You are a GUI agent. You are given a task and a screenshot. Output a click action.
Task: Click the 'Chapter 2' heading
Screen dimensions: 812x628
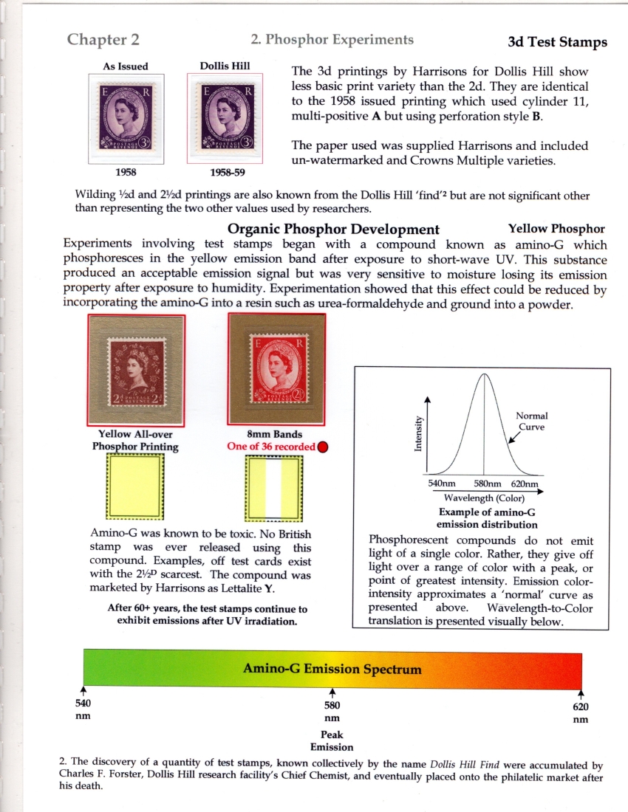coord(103,40)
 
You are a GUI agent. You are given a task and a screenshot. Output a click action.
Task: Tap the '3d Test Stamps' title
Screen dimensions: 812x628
coord(557,42)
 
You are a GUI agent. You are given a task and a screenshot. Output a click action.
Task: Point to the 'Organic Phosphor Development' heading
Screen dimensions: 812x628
coord(333,230)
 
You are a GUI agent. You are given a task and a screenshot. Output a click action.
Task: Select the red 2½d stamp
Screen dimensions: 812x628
coord(276,369)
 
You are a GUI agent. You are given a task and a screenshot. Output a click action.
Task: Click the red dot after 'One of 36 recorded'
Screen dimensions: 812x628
coord(322,447)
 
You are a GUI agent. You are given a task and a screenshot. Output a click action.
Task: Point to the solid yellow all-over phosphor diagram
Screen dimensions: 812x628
coord(135,484)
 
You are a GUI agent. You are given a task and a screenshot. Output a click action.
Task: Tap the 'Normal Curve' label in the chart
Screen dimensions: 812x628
coord(531,422)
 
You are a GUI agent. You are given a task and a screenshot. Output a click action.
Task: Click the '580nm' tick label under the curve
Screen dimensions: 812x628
coord(485,484)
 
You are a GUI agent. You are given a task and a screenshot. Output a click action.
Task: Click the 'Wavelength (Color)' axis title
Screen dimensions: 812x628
coord(484,497)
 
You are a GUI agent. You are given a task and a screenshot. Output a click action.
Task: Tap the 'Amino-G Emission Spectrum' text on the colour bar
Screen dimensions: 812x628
coord(332,670)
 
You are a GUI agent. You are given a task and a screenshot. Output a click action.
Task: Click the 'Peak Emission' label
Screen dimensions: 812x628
coord(332,740)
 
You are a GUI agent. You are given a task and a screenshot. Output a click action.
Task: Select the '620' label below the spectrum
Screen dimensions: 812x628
coord(580,706)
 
